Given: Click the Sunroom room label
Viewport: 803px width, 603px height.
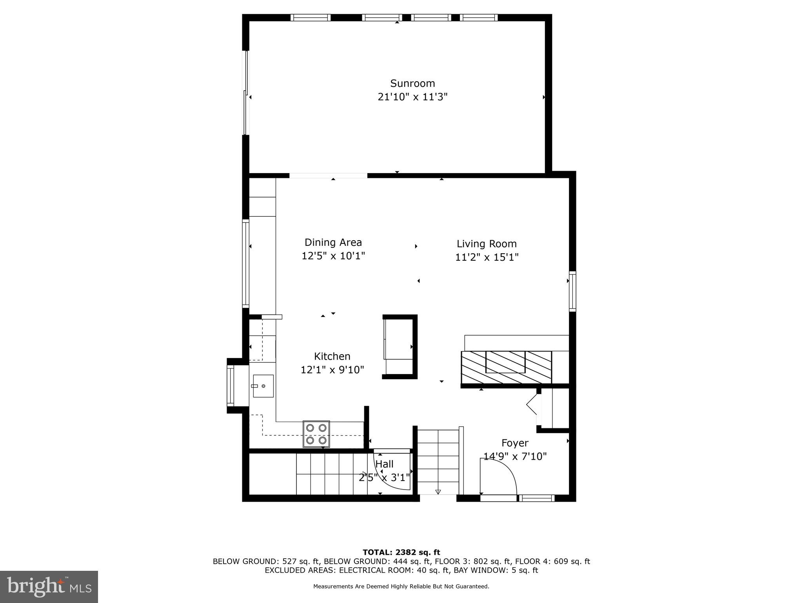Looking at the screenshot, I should [412, 83].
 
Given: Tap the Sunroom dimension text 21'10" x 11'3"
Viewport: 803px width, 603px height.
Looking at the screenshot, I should [412, 97].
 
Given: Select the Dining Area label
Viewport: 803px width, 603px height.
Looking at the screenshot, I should [333, 242].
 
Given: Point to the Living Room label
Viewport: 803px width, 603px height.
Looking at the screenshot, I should [487, 244].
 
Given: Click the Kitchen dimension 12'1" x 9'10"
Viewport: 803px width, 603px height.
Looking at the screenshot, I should [332, 370].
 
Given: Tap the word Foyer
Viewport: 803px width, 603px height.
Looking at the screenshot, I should [515, 443].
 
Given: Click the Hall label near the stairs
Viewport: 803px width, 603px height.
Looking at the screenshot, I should [384, 464].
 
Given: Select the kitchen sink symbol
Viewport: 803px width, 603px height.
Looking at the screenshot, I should [263, 386].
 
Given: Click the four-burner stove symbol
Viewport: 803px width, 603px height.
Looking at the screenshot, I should [316, 434].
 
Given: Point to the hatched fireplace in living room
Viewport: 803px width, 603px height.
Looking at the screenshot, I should [506, 367].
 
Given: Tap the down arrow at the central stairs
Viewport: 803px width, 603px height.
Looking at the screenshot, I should [438, 492].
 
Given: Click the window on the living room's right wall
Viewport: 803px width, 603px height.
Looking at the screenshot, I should [572, 291].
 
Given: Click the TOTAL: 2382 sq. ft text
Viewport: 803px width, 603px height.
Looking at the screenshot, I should [401, 552].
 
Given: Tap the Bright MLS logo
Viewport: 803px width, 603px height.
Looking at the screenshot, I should [49, 587].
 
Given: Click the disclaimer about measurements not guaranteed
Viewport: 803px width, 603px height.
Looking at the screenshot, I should [401, 587].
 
